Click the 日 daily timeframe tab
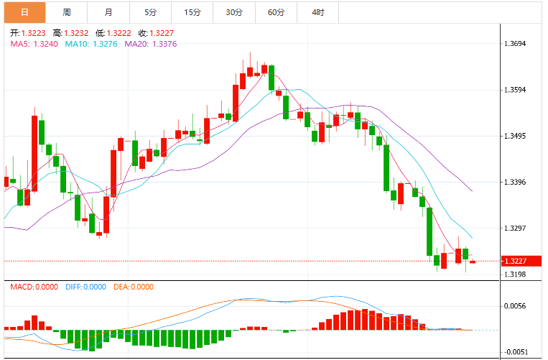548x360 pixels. (x=24, y=13)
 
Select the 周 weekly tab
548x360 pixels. (x=66, y=13)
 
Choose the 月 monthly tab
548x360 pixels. (x=108, y=13)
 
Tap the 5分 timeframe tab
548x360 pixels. (x=150, y=13)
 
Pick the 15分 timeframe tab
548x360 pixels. (x=192, y=13)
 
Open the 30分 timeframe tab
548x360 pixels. (x=234, y=13)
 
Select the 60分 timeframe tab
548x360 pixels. (x=276, y=13)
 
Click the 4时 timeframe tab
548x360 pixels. (x=318, y=13)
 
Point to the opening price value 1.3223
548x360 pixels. (x=34, y=33)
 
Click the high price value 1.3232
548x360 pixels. (x=76, y=33)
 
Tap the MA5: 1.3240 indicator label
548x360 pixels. (x=34, y=44)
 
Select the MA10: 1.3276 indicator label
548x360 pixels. (x=91, y=44)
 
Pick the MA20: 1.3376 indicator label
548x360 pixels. (x=151, y=44)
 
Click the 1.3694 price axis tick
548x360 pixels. (x=515, y=44)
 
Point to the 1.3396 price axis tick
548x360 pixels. (x=515, y=182)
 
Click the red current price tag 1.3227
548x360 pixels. (x=521, y=261)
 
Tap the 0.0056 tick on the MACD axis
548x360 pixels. (x=515, y=306)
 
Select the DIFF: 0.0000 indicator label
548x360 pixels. (x=85, y=287)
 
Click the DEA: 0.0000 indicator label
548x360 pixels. (x=134, y=287)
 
